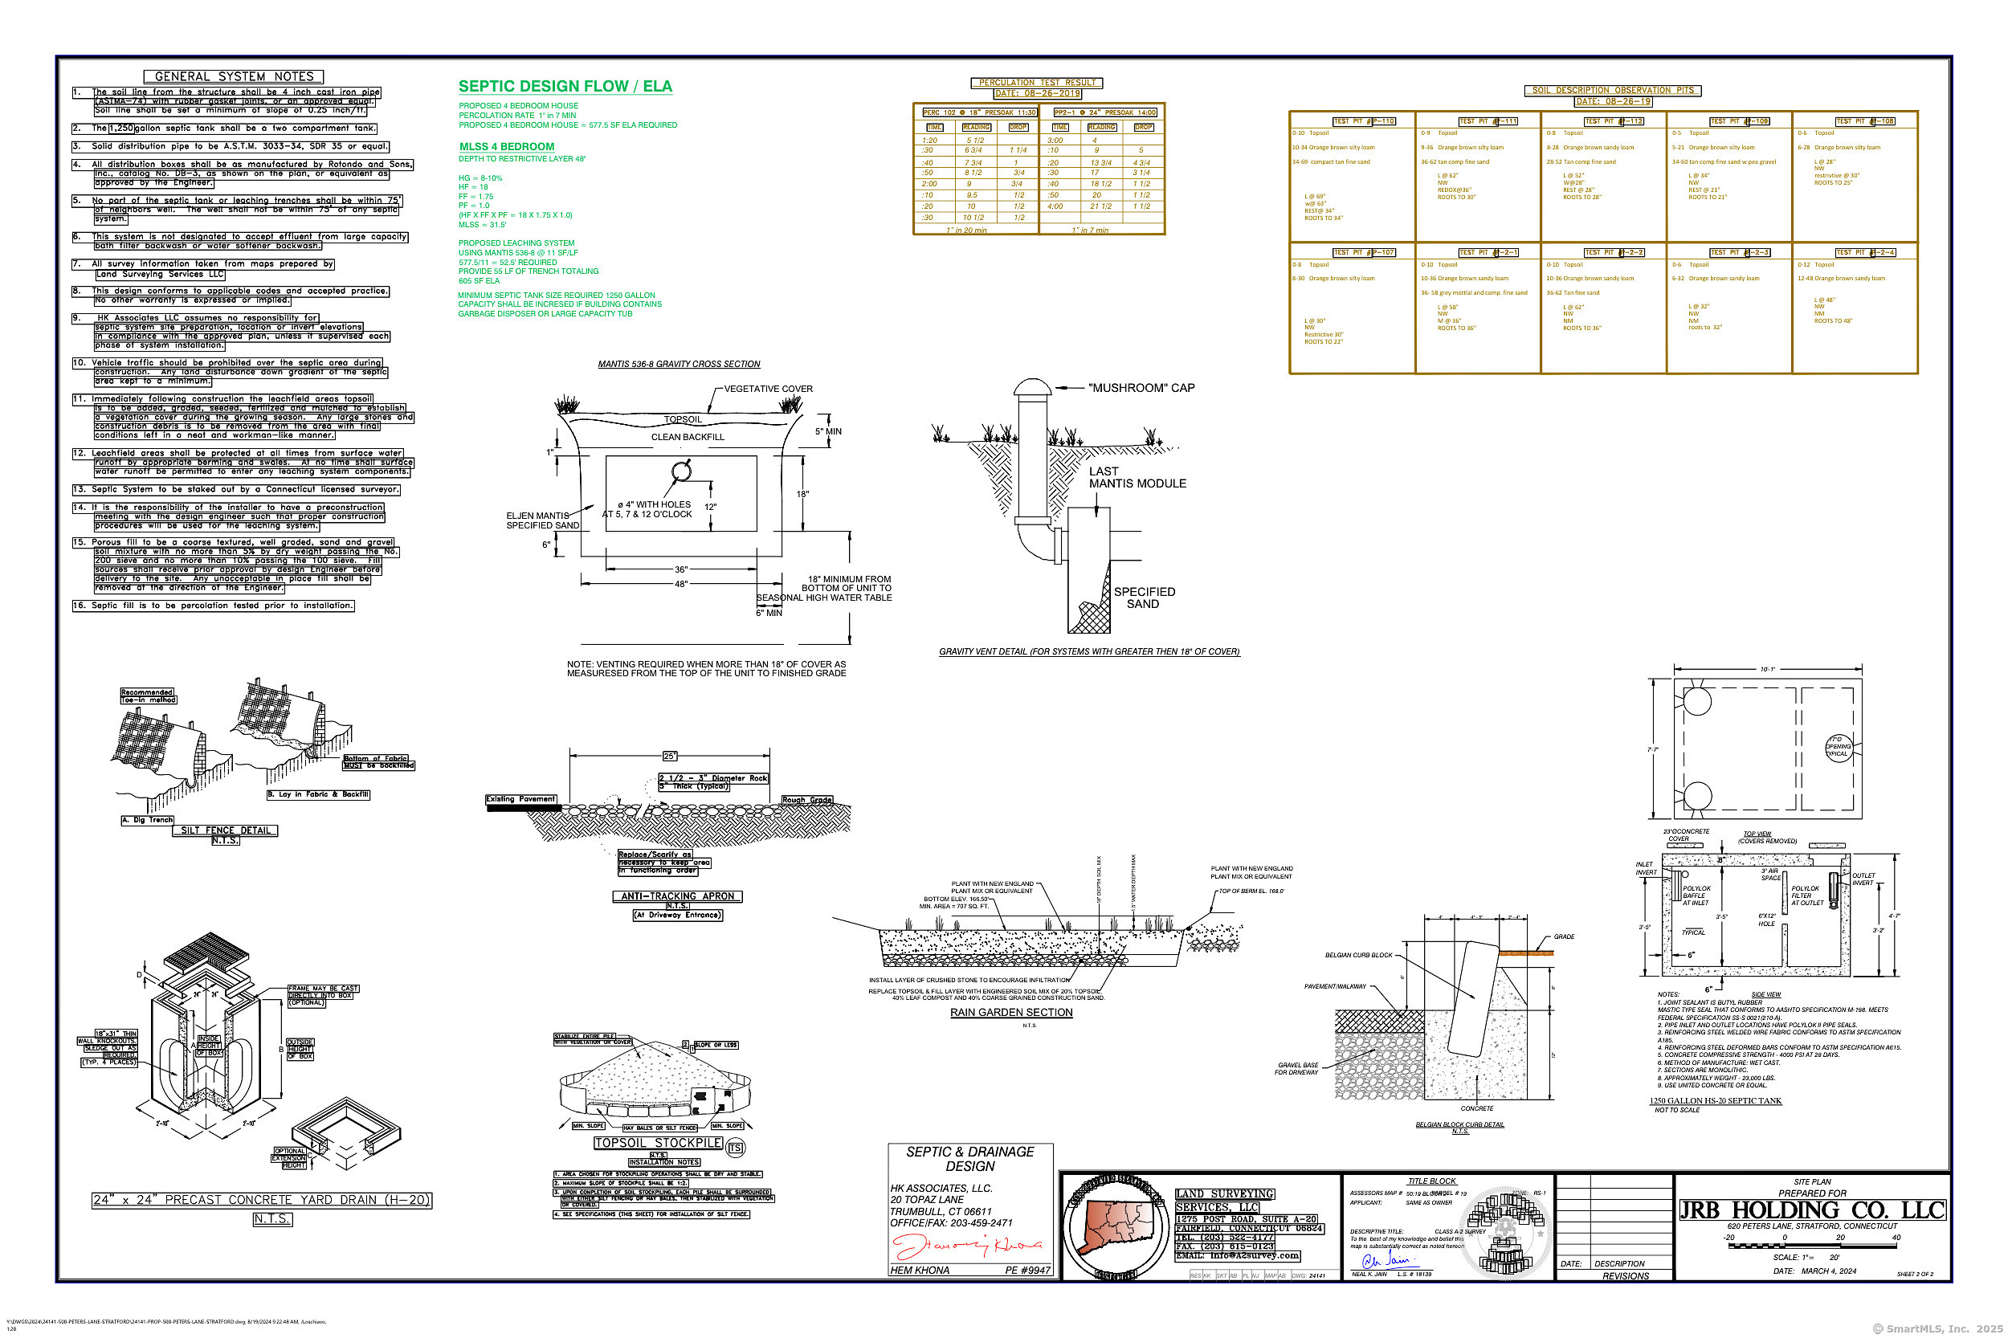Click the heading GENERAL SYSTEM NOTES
pos(234,77)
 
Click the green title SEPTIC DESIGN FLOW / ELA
pos(565,86)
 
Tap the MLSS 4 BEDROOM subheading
pos(507,147)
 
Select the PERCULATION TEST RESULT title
pos(1037,83)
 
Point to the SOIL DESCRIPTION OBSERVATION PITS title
pos(1612,90)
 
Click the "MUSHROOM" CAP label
pos(1141,387)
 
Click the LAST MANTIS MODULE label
pos(1137,477)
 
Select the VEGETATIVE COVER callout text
pos(768,389)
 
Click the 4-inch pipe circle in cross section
pos(681,471)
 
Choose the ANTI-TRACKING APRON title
pos(677,896)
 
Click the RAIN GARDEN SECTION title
pos(1011,1012)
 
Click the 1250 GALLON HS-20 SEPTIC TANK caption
pos(1716,1101)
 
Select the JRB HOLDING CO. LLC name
pos(1812,1210)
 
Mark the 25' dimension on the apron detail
pos(670,756)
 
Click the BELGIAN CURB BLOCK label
pos(1358,955)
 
